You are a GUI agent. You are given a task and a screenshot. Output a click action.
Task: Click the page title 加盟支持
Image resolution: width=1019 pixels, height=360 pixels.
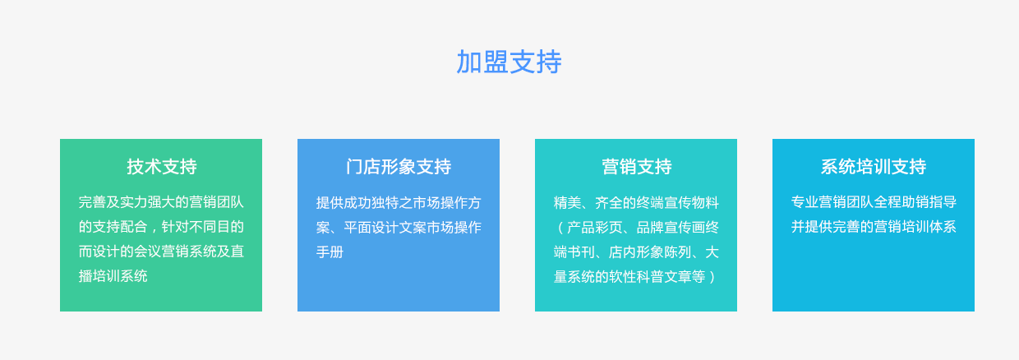tap(509, 62)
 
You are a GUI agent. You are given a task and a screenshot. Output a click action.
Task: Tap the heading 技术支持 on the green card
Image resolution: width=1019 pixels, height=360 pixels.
tap(162, 167)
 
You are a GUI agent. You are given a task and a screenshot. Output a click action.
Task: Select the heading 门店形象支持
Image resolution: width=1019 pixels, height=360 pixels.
tap(399, 167)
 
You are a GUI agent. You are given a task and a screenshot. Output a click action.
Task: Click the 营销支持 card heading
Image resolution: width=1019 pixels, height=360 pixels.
tap(636, 167)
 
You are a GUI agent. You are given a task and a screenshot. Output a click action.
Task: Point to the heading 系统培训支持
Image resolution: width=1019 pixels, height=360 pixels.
tap(874, 167)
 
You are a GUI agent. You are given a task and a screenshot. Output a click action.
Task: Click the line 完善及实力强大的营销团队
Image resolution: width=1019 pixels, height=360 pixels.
tap(161, 202)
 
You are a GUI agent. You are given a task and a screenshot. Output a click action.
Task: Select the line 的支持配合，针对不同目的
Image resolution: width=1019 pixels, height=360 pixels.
tap(161, 227)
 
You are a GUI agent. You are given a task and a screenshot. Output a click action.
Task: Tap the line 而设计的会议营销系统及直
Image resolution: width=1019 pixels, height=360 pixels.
tap(161, 252)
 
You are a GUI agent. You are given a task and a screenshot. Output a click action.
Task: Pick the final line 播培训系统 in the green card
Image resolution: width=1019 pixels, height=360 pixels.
tap(113, 276)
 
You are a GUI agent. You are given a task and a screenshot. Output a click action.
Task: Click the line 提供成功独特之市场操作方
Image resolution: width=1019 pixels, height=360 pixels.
tap(399, 202)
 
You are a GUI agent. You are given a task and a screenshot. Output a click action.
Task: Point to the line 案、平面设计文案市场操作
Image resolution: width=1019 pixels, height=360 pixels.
tap(399, 227)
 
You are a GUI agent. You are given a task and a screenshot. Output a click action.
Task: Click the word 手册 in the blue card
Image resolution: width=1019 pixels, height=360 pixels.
tap(330, 252)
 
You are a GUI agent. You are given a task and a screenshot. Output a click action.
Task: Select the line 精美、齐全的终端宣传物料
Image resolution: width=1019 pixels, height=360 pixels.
tap(636, 202)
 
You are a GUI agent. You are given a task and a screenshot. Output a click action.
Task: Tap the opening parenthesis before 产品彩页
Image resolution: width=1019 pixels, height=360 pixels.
tap(560, 227)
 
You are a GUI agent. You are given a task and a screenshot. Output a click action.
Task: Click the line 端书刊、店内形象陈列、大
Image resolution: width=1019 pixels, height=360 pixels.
tap(636, 252)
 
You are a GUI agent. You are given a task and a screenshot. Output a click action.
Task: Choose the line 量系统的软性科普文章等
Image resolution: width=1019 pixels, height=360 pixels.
tap(629, 276)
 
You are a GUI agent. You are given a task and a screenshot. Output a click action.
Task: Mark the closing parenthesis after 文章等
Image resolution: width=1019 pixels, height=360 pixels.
tap(712, 276)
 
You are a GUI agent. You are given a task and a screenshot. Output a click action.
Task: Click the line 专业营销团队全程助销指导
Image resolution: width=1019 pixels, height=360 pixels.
tap(874, 202)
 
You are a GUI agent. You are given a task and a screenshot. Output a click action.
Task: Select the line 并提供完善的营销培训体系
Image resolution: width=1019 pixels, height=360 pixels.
tap(874, 227)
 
